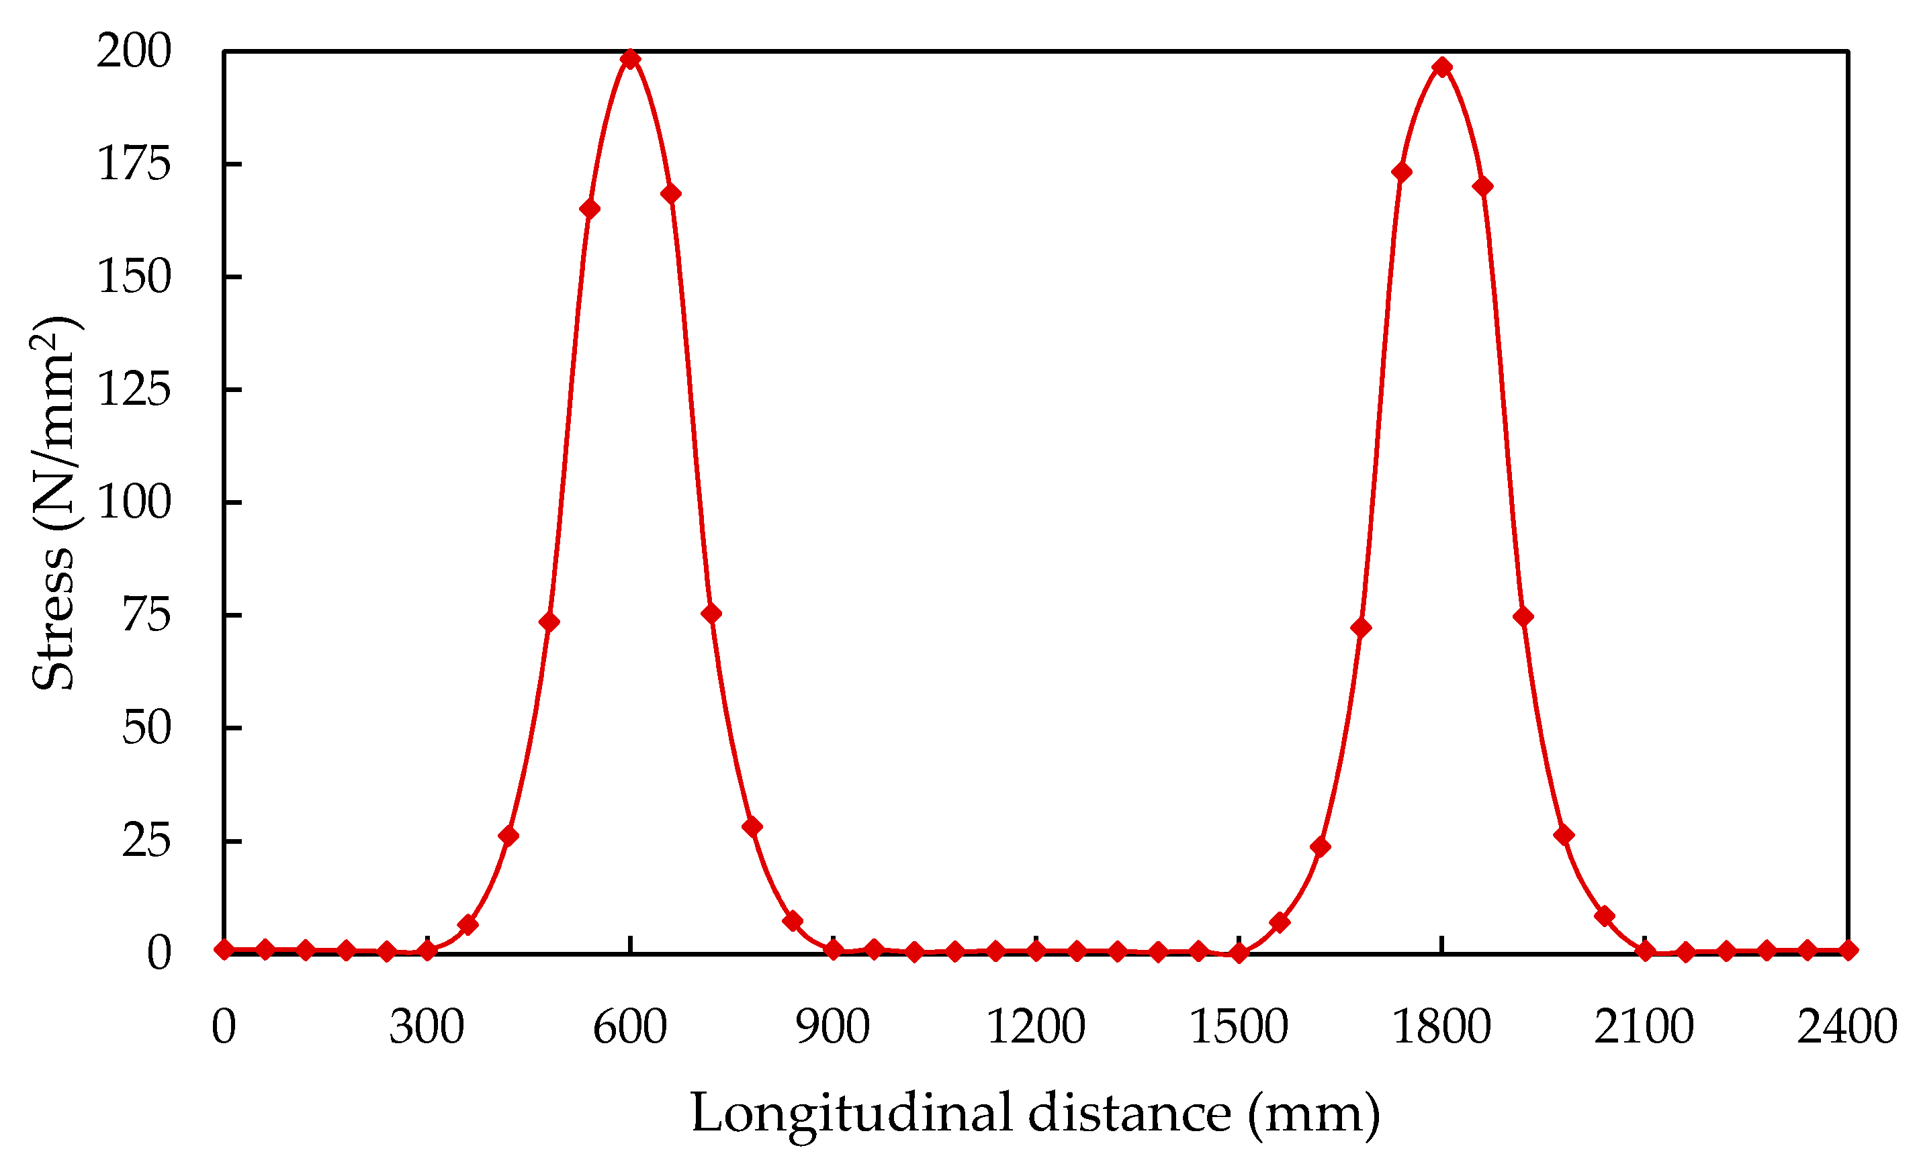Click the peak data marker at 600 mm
point(630,59)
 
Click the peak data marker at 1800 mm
point(1442,67)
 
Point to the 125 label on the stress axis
point(134,389)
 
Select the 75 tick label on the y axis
point(146,615)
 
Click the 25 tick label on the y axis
point(146,841)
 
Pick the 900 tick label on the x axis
point(833,1027)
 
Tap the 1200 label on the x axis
point(1036,1027)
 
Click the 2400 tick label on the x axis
point(1847,1027)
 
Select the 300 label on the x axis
point(427,1027)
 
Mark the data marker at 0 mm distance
point(224,950)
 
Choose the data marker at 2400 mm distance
point(1848,950)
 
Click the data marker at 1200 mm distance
point(1036,951)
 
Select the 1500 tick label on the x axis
point(1239,1027)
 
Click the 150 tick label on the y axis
point(134,277)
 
